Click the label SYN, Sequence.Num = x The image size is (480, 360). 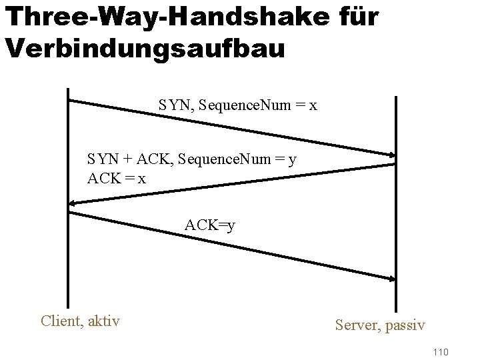coord(237,106)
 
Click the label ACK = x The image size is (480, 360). coord(117,179)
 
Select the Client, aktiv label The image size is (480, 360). coord(81,321)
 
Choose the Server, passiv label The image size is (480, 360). coord(380,325)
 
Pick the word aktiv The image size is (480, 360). coord(103,321)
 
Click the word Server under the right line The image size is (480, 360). coord(357,325)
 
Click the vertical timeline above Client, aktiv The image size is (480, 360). coord(67,200)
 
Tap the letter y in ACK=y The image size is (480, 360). coord(230,227)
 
